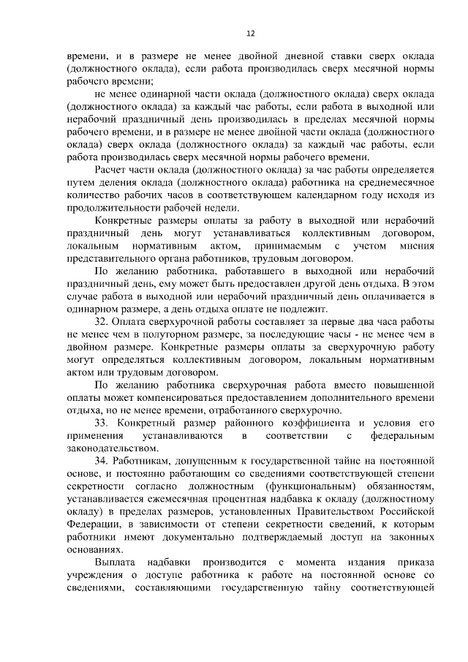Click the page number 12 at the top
[250, 33]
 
